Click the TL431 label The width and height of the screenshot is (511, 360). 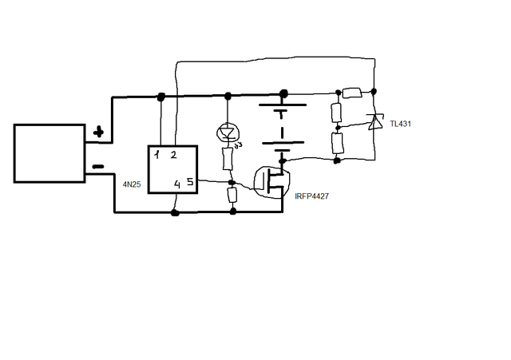tap(400, 124)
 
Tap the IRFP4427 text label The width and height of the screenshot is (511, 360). tap(311, 196)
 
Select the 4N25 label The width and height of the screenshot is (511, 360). tap(132, 184)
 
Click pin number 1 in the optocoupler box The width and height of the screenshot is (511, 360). tap(157, 154)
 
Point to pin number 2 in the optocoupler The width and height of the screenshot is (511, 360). tap(173, 155)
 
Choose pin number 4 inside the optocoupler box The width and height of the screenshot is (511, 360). tap(177, 184)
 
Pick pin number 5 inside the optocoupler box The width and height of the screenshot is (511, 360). tap(190, 181)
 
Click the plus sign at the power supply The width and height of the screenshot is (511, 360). tap(98, 133)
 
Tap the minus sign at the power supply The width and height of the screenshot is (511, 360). tap(98, 167)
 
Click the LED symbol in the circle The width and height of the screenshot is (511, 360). tap(228, 133)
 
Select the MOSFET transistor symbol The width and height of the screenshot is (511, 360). tap(271, 182)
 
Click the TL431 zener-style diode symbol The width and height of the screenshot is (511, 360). tap(374, 122)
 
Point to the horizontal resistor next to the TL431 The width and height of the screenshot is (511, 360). tap(352, 93)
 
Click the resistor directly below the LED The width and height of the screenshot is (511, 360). tap(228, 158)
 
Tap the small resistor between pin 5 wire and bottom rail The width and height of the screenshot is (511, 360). tap(232, 195)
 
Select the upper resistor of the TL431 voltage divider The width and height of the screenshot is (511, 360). tap(337, 113)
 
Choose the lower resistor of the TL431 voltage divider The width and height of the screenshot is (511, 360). tap(337, 143)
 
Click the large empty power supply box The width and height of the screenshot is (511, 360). tap(50, 153)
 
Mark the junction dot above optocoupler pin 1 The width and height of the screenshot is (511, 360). tap(161, 97)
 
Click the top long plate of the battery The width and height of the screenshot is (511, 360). tap(283, 105)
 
